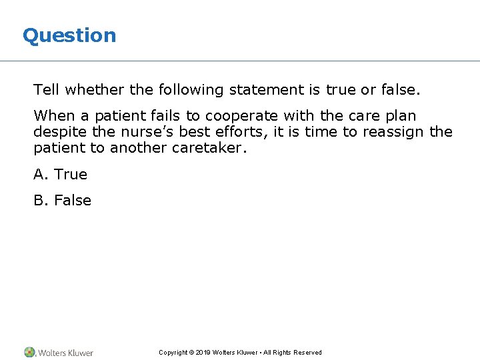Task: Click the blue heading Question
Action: coord(69,35)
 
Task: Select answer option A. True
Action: coord(61,175)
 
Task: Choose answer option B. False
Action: coord(63,201)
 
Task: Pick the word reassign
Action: coord(393,131)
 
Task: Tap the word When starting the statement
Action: coord(55,115)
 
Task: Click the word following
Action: coord(193,89)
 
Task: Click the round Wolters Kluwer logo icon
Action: coord(30,352)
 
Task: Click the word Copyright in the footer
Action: coord(173,353)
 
